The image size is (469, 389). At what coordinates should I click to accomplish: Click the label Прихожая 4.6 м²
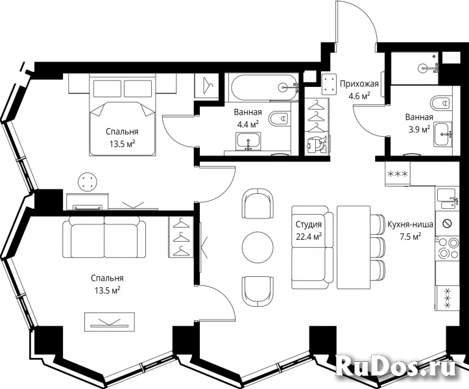359,89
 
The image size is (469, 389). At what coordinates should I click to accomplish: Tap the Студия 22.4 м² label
309,231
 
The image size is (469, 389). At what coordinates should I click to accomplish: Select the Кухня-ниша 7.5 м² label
411,231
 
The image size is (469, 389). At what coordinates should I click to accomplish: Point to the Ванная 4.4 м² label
248,118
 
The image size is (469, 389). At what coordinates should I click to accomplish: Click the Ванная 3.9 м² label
419,123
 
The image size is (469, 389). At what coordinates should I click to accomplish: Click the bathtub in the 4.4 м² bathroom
263,88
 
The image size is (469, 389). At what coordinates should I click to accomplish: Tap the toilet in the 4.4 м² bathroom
279,119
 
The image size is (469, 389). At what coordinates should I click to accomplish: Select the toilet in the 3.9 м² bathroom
440,103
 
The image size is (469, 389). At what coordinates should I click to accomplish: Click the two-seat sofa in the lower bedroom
104,237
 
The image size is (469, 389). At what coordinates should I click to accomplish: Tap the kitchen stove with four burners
447,248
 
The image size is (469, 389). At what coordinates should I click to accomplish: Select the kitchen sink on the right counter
447,199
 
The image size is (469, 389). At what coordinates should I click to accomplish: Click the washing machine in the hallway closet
317,145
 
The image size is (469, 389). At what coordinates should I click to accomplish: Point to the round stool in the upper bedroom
88,182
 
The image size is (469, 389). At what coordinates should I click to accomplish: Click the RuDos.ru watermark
396,366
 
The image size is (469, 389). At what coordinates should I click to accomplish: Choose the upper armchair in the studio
258,204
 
